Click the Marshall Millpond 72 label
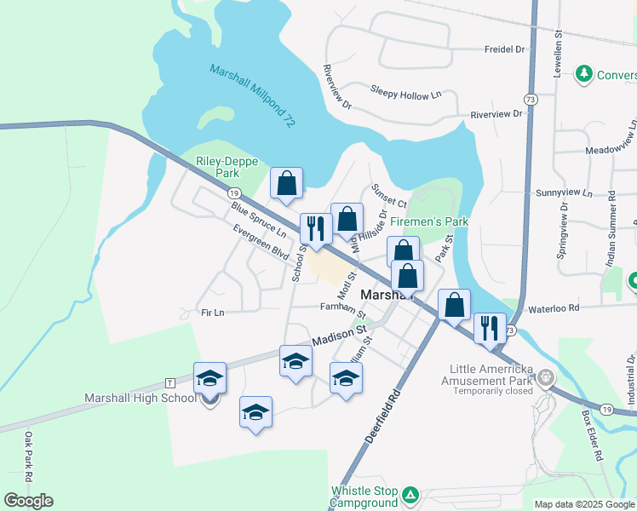[x=252, y=96]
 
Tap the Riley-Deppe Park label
[x=217, y=166]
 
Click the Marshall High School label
[x=141, y=398]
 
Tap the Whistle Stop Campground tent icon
[x=410, y=494]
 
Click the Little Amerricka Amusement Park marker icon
[x=546, y=376]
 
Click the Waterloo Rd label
[x=553, y=307]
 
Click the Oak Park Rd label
[x=28, y=457]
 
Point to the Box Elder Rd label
[x=592, y=436]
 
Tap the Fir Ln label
[x=210, y=313]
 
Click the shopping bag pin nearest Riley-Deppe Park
[x=287, y=183]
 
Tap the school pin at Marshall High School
[x=209, y=378]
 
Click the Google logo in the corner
[x=28, y=500]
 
